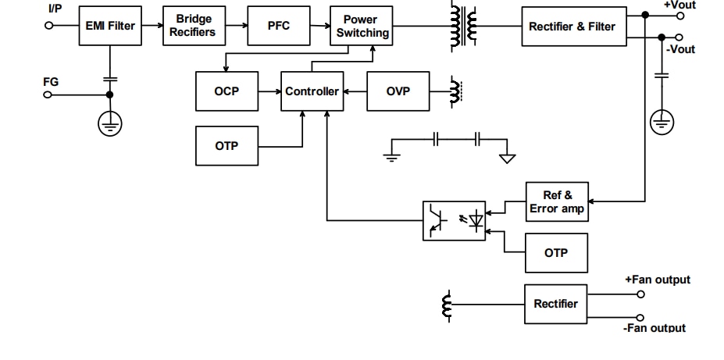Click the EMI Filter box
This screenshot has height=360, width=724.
tap(109, 26)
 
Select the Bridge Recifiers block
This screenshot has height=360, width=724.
tap(192, 26)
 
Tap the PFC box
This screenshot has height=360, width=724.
tap(279, 26)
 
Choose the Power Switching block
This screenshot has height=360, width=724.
tap(360, 26)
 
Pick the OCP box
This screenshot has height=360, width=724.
tap(226, 91)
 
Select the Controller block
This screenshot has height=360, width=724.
tap(312, 91)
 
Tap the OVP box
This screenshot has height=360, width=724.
tap(398, 91)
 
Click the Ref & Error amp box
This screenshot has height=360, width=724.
tap(557, 202)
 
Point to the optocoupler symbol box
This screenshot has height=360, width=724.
tap(455, 220)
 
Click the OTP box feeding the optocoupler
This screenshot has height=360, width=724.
tap(556, 253)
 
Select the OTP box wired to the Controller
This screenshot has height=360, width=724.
tap(226, 146)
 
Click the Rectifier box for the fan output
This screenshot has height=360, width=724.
tap(555, 304)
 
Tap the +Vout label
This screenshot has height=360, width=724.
tap(679, 5)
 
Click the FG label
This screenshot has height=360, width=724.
tap(51, 81)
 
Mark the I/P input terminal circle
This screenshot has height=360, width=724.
tap(48, 26)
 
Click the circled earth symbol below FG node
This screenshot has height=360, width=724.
tap(110, 123)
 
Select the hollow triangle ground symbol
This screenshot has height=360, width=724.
tap(507, 159)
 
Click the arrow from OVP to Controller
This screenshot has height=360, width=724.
tap(355, 91)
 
